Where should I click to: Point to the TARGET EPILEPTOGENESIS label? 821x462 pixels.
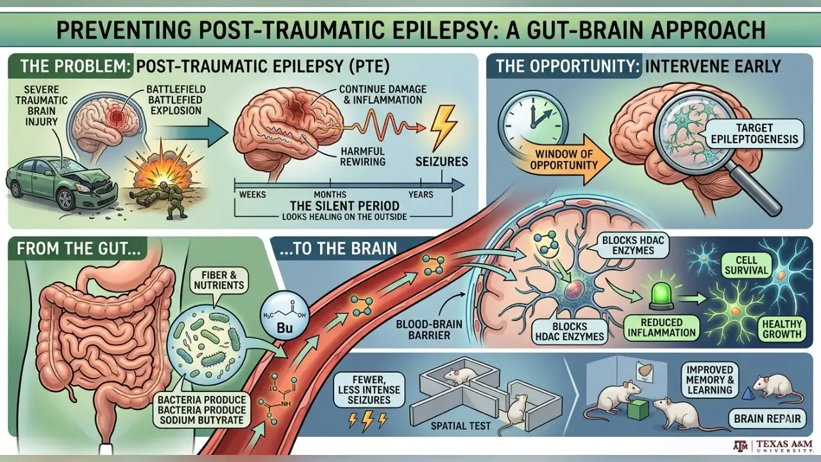(x=754, y=133)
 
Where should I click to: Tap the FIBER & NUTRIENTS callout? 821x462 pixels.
(x=219, y=280)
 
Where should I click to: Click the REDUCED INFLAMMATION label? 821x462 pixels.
(x=661, y=327)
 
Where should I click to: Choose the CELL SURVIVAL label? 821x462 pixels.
(x=746, y=265)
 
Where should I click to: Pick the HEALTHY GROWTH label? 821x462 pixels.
(x=782, y=329)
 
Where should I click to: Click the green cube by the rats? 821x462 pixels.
(x=638, y=409)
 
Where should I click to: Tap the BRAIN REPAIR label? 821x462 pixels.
(x=767, y=419)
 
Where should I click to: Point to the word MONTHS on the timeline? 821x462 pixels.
(x=330, y=194)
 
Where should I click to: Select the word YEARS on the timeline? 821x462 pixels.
(x=421, y=194)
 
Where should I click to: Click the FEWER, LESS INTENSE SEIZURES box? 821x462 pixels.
(x=369, y=389)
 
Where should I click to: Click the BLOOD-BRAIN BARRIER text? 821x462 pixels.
(x=429, y=329)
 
